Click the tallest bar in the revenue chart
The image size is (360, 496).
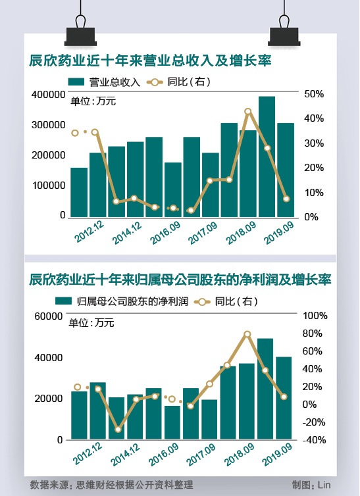[x=267, y=157]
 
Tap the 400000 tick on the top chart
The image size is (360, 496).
[x=49, y=95]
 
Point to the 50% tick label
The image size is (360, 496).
[x=314, y=94]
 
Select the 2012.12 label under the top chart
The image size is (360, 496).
[x=90, y=232]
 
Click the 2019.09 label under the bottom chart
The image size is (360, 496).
[x=278, y=455]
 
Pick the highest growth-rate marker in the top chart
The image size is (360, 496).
[x=248, y=111]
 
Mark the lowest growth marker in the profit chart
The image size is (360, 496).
[x=118, y=430]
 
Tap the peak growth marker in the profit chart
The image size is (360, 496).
[x=247, y=334]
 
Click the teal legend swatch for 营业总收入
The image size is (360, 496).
[x=76, y=82]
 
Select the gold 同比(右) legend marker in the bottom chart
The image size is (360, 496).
[x=202, y=302]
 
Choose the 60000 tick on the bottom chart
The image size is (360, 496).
[x=49, y=316]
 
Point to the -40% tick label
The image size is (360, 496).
[x=314, y=439]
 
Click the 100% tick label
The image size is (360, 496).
[x=315, y=315]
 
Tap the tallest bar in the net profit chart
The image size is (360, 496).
[x=265, y=389]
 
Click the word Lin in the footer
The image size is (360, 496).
[x=324, y=485]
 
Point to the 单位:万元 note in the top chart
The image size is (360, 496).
[x=93, y=101]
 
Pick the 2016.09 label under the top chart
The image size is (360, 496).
[x=165, y=232]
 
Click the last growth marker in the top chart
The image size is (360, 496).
[x=286, y=199]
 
